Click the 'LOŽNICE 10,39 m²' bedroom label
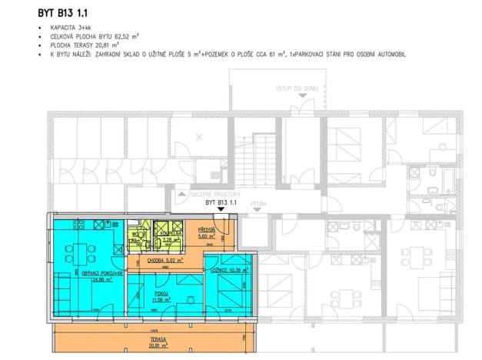click(228, 271)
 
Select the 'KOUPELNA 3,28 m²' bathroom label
click(171, 236)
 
